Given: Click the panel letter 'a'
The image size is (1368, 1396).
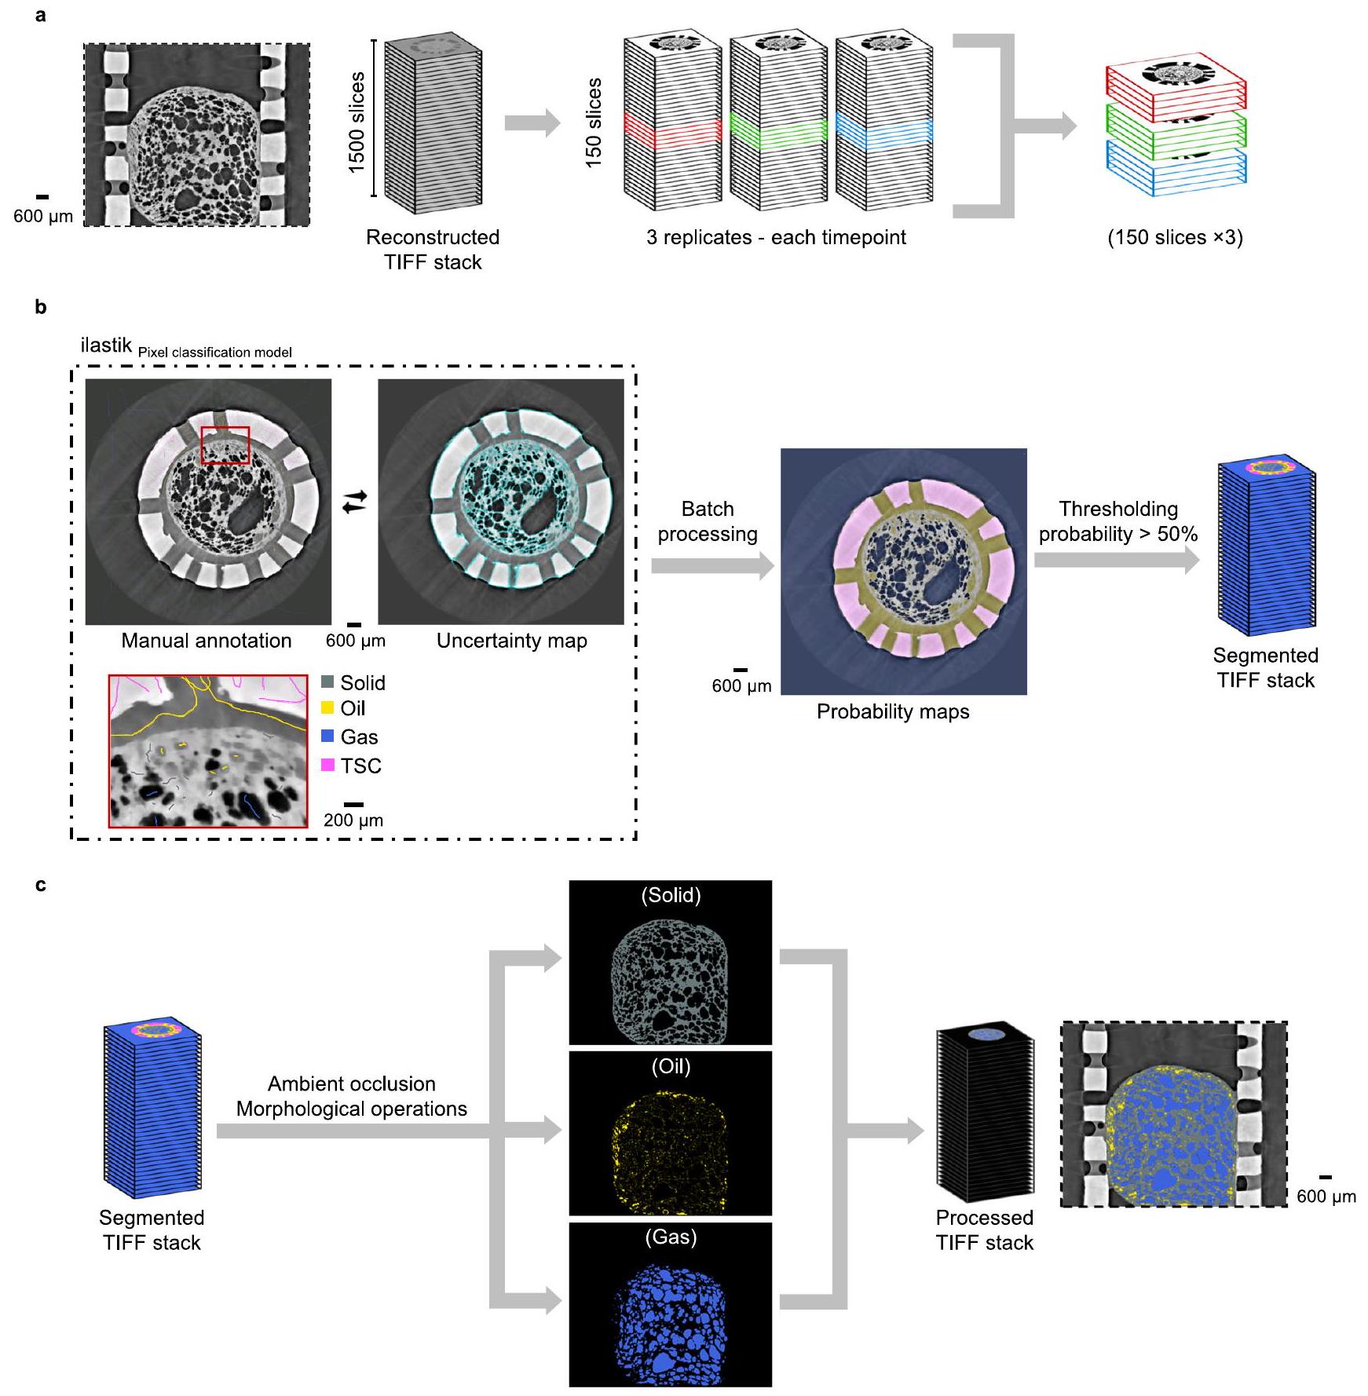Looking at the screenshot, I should click(x=41, y=15).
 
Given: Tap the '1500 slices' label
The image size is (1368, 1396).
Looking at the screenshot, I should click(x=357, y=122).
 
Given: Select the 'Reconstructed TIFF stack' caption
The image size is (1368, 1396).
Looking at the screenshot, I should click(x=433, y=250).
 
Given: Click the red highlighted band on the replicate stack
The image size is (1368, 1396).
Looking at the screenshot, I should click(x=672, y=130).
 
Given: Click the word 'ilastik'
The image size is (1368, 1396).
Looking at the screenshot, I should click(x=106, y=345).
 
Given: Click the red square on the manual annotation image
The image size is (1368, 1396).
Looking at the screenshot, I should click(x=225, y=445).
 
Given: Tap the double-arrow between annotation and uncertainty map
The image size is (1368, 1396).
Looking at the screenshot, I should click(x=355, y=501).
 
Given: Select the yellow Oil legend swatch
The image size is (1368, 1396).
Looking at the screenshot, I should click(x=327, y=708).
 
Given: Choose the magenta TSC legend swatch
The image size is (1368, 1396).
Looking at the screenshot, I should click(x=327, y=765).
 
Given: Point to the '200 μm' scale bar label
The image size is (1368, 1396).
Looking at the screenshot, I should click(x=353, y=820).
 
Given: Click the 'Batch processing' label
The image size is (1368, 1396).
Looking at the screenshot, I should click(x=708, y=521).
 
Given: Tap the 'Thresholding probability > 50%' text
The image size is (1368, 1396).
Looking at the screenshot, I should click(x=1118, y=521).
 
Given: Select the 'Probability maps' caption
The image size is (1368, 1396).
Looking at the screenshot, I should click(x=893, y=711).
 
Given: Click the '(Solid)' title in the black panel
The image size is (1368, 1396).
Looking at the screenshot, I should click(x=671, y=895).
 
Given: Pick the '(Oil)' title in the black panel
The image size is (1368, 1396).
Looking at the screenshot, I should click(x=671, y=1066).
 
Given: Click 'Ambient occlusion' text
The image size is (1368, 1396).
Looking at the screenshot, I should click(x=352, y=1084).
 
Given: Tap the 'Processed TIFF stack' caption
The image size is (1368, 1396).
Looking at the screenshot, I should click(x=985, y=1230).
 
